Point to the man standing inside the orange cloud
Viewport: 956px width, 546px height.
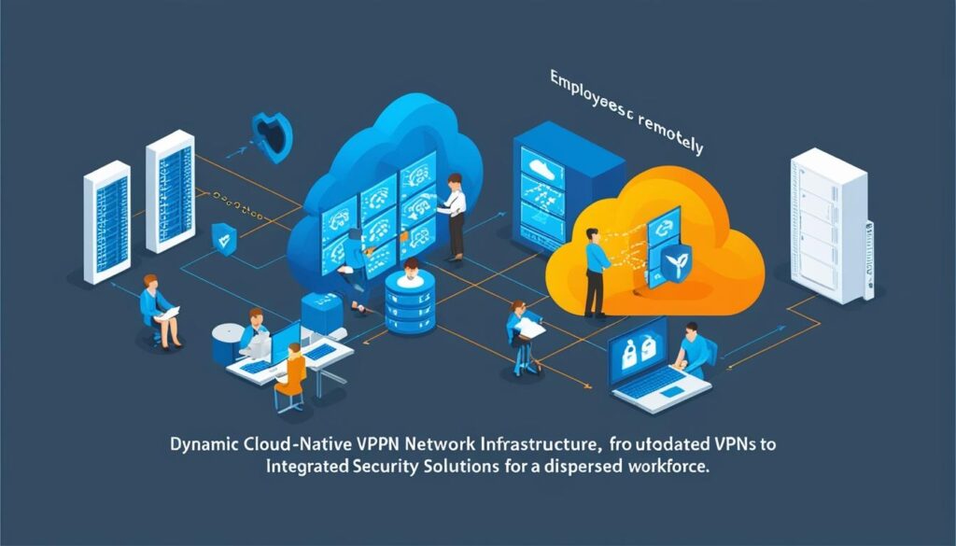coord(594,267)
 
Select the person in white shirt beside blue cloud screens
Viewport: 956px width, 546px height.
coord(455,216)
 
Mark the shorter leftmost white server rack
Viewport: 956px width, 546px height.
coord(105,221)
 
